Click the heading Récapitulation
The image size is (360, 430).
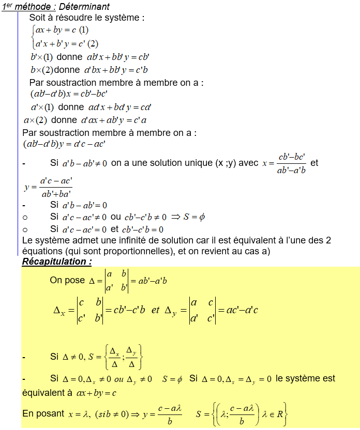click(56, 262)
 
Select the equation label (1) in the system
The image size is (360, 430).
click(84, 30)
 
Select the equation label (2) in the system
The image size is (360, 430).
click(93, 43)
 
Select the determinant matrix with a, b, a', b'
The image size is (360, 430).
click(116, 281)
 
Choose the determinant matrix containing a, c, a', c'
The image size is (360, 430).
click(202, 311)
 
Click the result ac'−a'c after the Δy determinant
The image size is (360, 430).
click(238, 311)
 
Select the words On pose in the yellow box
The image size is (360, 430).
click(67, 280)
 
